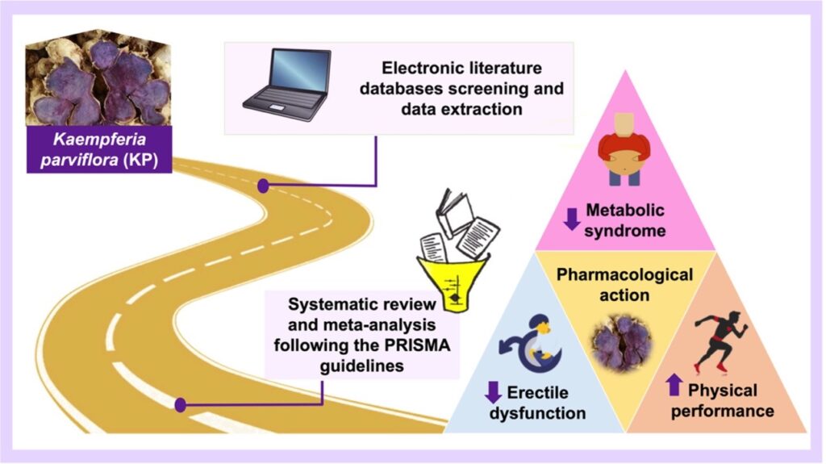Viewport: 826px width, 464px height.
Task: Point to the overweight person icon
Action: click(624, 148)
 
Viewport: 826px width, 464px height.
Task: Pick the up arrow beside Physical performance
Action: click(674, 387)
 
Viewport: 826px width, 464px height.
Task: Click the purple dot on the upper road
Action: click(263, 186)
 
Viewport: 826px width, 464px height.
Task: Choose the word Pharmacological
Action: click(625, 275)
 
